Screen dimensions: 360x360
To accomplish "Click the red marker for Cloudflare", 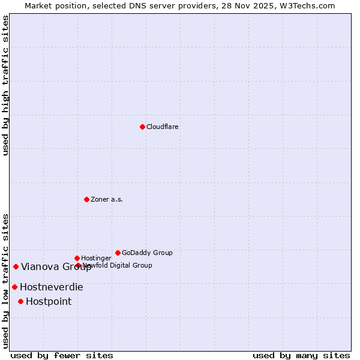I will tap(142, 127).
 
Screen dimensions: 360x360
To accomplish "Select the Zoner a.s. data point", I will tap(86, 199).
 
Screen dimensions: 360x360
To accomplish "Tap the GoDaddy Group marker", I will tap(118, 253).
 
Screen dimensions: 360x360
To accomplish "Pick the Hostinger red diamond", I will tap(77, 258).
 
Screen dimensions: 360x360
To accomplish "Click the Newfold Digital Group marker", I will tap(78, 265).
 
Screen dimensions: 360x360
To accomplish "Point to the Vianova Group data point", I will tap(16, 266).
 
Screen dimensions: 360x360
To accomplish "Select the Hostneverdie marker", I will tap(14, 287).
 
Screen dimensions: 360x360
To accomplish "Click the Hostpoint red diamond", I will tap(20, 301).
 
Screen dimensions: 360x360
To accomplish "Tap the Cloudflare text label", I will tap(163, 127).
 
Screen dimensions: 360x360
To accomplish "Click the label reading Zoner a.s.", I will tap(107, 199).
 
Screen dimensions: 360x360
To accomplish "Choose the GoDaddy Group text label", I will tap(147, 253).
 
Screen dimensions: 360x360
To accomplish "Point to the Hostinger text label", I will tap(97, 258).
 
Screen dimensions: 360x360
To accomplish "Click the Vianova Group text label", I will tap(56, 267).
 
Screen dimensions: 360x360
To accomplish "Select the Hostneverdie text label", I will tap(52, 287).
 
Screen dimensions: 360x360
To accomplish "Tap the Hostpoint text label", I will tap(49, 302).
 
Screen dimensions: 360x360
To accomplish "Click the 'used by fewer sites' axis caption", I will tap(62, 355).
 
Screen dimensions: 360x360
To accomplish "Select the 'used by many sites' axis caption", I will tap(301, 355).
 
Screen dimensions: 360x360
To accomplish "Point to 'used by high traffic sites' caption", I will tap(5, 85).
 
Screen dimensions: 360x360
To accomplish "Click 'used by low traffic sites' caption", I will tap(5, 281).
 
